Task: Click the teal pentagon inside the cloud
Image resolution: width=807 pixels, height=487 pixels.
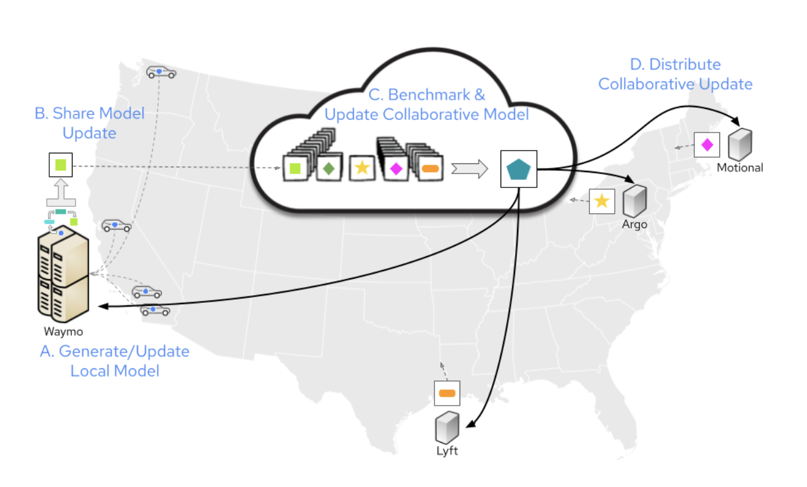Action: [x=518, y=168]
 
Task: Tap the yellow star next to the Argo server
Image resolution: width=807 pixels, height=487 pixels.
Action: [x=601, y=201]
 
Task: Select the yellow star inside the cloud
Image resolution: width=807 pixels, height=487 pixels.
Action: [x=362, y=167]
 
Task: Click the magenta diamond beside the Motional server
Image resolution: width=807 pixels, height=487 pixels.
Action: [x=707, y=144]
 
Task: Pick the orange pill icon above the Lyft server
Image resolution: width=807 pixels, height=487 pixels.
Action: [x=447, y=394]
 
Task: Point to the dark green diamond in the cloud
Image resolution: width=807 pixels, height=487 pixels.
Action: [x=328, y=168]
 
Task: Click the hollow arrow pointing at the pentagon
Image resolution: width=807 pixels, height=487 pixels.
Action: [x=470, y=168]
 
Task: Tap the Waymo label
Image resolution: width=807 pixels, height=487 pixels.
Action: [x=63, y=331]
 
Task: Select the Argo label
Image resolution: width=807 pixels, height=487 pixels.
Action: [x=634, y=225]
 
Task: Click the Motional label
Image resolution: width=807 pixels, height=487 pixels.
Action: [x=740, y=168]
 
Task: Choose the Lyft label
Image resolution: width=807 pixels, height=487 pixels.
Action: [x=446, y=451]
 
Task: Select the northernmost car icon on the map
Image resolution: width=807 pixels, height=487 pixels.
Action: [x=161, y=73]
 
